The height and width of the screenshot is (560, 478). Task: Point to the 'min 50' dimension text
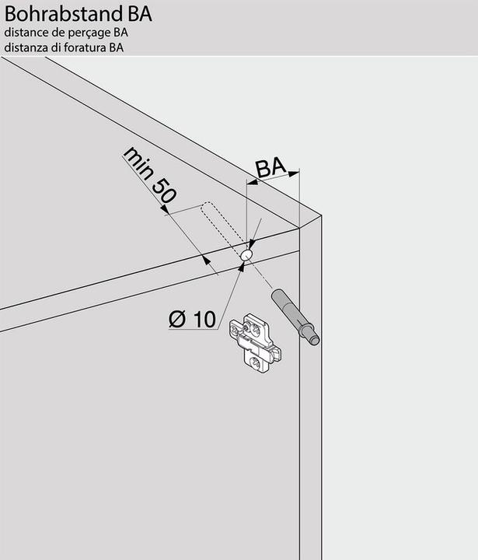[149, 175]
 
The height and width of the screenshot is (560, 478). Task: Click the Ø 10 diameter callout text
[193, 319]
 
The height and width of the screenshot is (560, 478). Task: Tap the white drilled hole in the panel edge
[246, 254]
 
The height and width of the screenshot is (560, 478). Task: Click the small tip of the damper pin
[314, 339]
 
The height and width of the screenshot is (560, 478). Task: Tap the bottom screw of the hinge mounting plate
[256, 363]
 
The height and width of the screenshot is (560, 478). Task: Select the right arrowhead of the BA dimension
[294, 174]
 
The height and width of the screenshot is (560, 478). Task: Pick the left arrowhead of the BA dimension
[253, 183]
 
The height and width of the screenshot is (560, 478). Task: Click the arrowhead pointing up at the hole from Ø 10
[242, 266]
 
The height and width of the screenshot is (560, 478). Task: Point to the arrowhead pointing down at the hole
[252, 245]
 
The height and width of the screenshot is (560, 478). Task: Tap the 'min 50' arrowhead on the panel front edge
[207, 260]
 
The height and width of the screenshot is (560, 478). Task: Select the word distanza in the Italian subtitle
[26, 47]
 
